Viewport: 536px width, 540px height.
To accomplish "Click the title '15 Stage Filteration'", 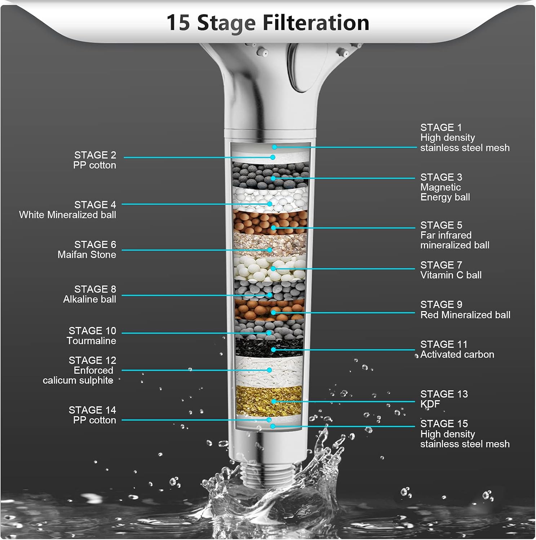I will point(267,23).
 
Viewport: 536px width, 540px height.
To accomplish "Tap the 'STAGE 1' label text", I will point(441,127).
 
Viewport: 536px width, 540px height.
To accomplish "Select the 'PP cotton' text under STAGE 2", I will point(94,165).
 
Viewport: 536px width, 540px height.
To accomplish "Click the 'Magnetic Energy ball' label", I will point(445,192).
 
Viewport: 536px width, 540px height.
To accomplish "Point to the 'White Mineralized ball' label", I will point(67,215).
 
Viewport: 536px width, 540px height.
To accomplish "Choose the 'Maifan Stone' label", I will point(87,255).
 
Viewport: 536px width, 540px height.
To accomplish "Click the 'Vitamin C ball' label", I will point(451,275).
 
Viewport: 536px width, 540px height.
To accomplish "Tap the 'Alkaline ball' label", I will point(89,299).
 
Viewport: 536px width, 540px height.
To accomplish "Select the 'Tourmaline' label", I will point(91,341).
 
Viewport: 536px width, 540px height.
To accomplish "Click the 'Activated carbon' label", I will point(457,354).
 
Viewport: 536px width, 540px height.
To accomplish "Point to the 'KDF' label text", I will point(430,404).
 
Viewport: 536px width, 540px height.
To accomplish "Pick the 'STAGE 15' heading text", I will point(444,424).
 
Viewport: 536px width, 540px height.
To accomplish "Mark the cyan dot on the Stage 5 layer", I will point(274,228).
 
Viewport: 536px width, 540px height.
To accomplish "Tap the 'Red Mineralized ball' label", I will point(465,315).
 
